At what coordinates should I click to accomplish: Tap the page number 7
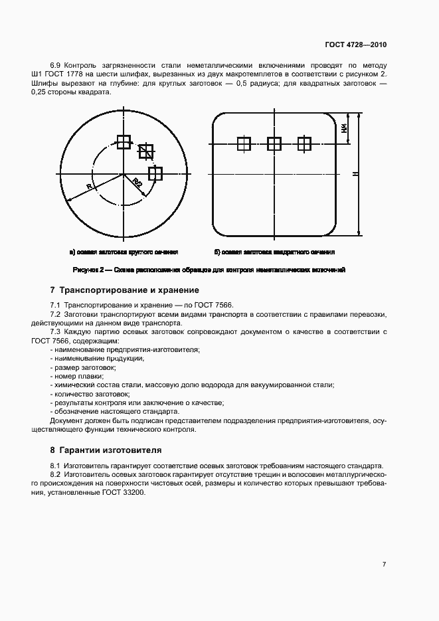coord(384,564)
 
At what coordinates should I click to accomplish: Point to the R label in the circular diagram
coord(89,187)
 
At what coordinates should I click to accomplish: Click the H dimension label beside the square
coord(355,174)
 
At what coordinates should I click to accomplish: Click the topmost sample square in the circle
coord(124,141)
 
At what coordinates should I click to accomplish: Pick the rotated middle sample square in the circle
coord(145,151)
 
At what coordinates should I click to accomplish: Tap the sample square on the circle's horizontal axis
coord(155,173)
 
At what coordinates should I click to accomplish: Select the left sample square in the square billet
coord(244,143)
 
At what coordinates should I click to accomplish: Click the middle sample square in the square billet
coord(274,143)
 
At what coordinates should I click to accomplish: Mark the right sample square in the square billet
coord(304,143)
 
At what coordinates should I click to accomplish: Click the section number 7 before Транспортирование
coord(53,290)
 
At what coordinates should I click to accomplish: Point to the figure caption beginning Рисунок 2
coord(209,270)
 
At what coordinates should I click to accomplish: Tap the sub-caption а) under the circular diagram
coord(124,252)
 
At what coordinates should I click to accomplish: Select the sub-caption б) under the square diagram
coord(274,252)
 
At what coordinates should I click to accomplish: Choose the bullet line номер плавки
coord(72,376)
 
